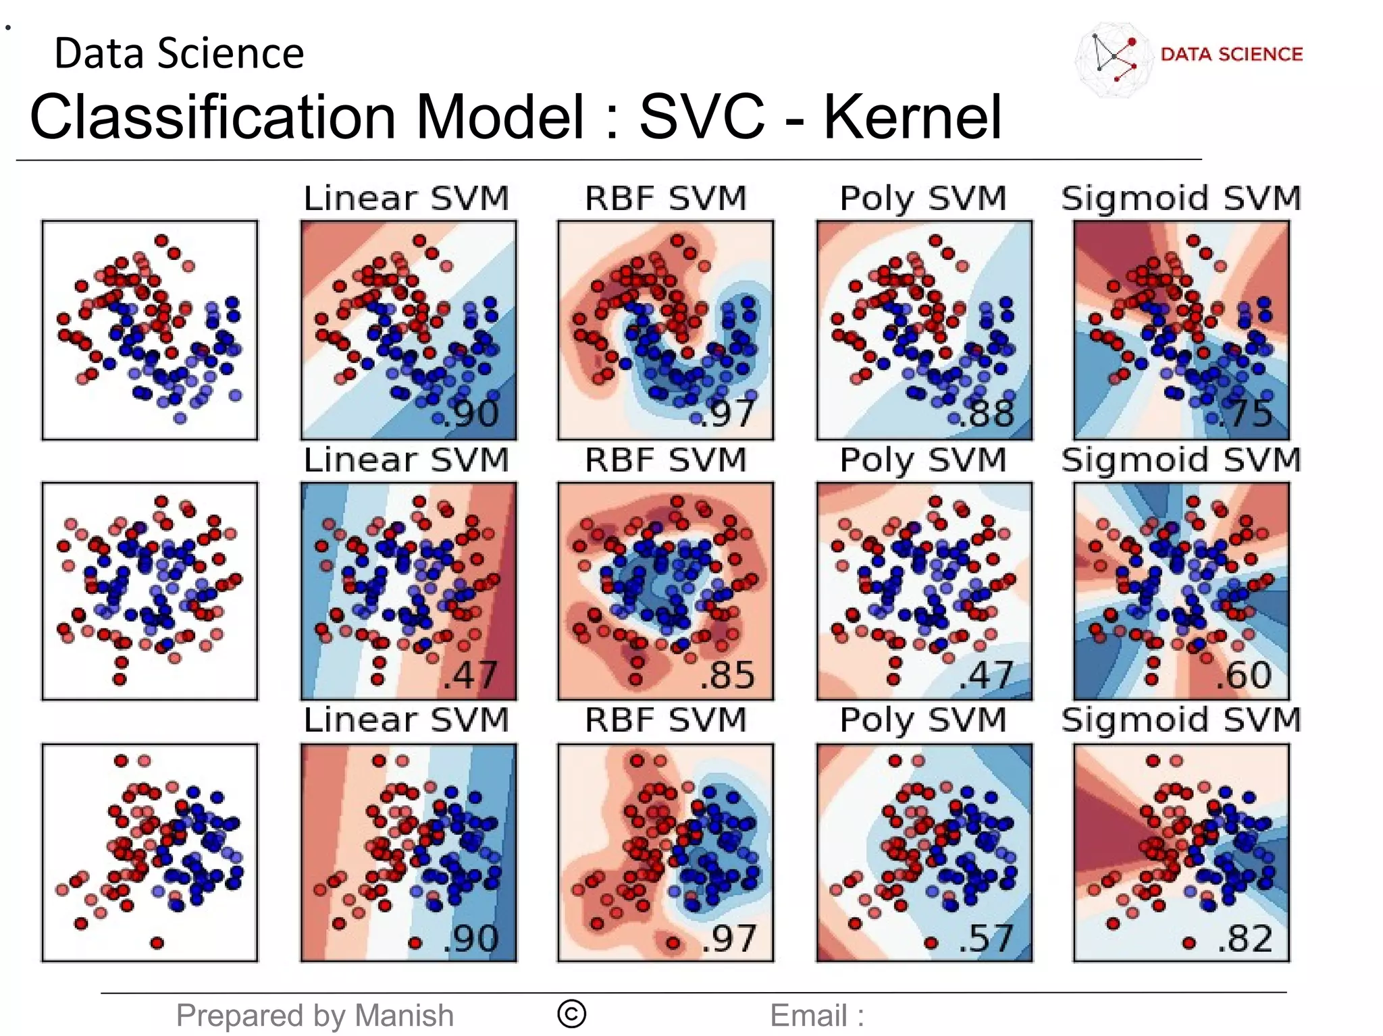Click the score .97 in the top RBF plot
(x=727, y=413)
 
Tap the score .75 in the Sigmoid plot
(x=1245, y=413)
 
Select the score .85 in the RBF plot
(x=727, y=674)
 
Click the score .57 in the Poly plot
(x=987, y=938)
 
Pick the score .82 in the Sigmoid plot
(x=1246, y=938)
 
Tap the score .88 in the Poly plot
(x=987, y=413)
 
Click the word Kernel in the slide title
(x=912, y=117)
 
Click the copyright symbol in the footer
(x=572, y=1014)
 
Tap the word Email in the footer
(x=808, y=1015)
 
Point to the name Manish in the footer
(x=404, y=1015)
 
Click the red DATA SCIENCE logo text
(x=1232, y=54)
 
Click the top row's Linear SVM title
(x=407, y=198)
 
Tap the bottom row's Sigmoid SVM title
(x=1181, y=720)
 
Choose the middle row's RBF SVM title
(x=666, y=460)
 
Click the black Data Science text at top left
(x=179, y=53)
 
